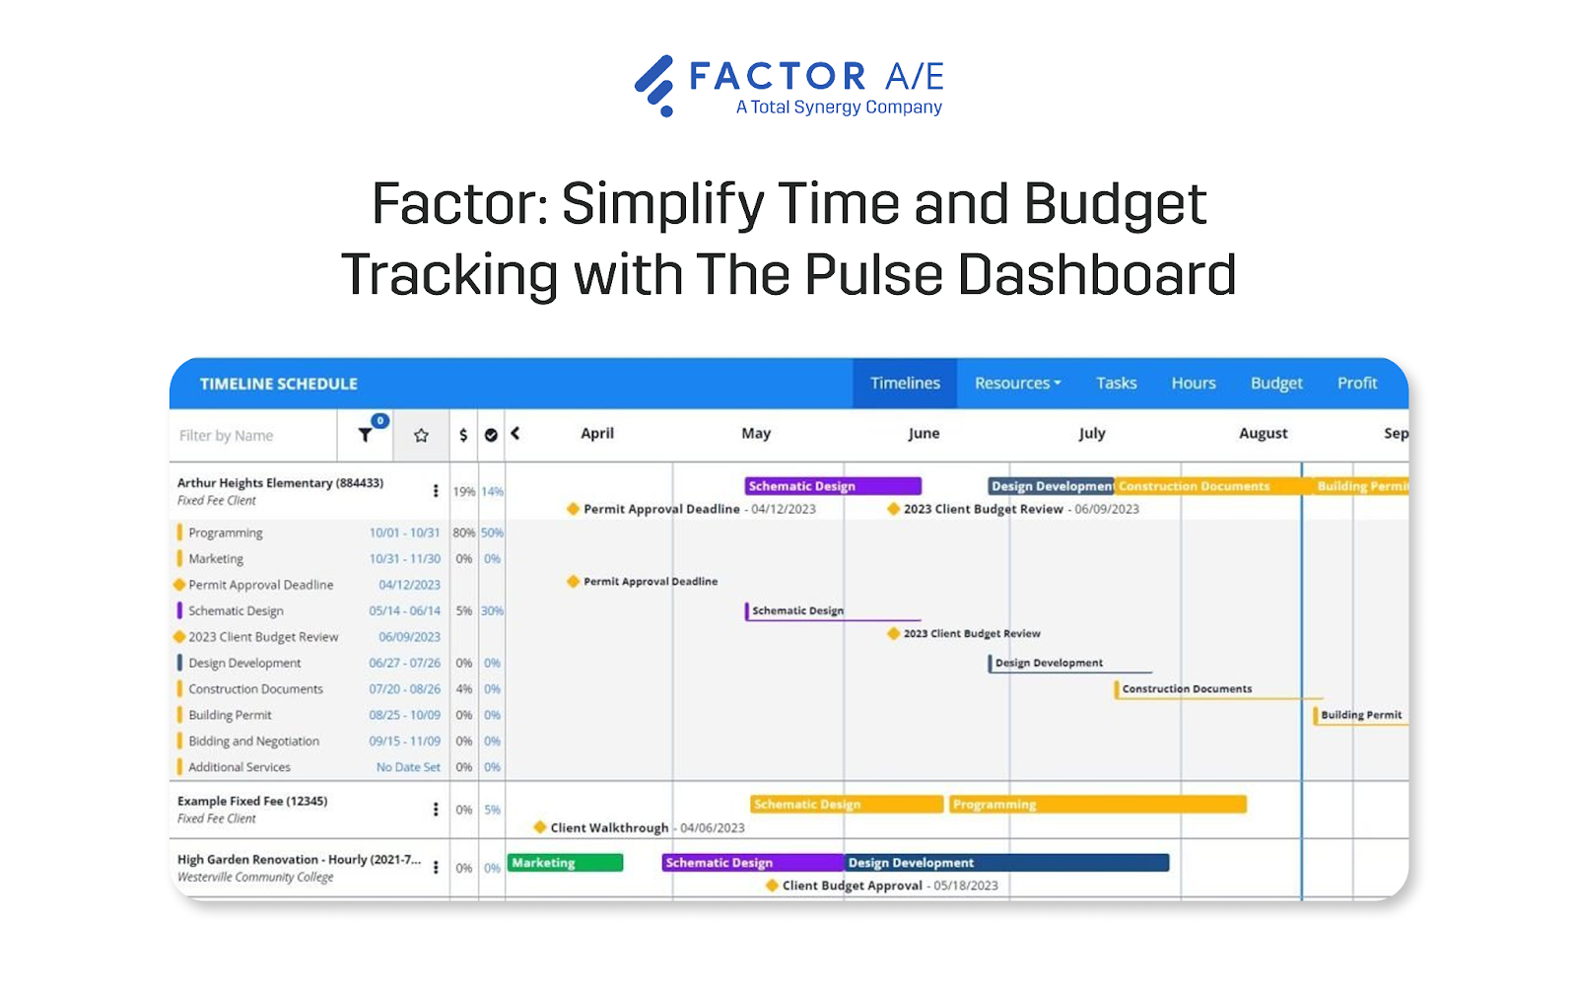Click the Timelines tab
pos(905,384)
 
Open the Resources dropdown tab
pos(1017,384)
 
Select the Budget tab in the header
pos(1276,384)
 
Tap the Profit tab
pos(1357,384)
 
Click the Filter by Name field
pos(254,436)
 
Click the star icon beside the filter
pos(421,436)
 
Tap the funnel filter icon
pos(366,435)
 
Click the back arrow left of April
pos(514,434)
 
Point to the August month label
pos(1263,434)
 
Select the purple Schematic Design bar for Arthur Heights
pos(833,486)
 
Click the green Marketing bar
pos(565,863)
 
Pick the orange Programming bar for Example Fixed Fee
pos(1097,805)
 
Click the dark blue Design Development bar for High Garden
pos(1006,863)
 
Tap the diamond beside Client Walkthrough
pos(540,827)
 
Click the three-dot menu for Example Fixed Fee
pos(436,810)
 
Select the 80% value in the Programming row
pos(463,533)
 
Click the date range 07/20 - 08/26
pos(404,689)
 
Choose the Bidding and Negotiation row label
pos(253,742)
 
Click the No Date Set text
pos(408,767)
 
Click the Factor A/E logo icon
pos(655,86)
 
